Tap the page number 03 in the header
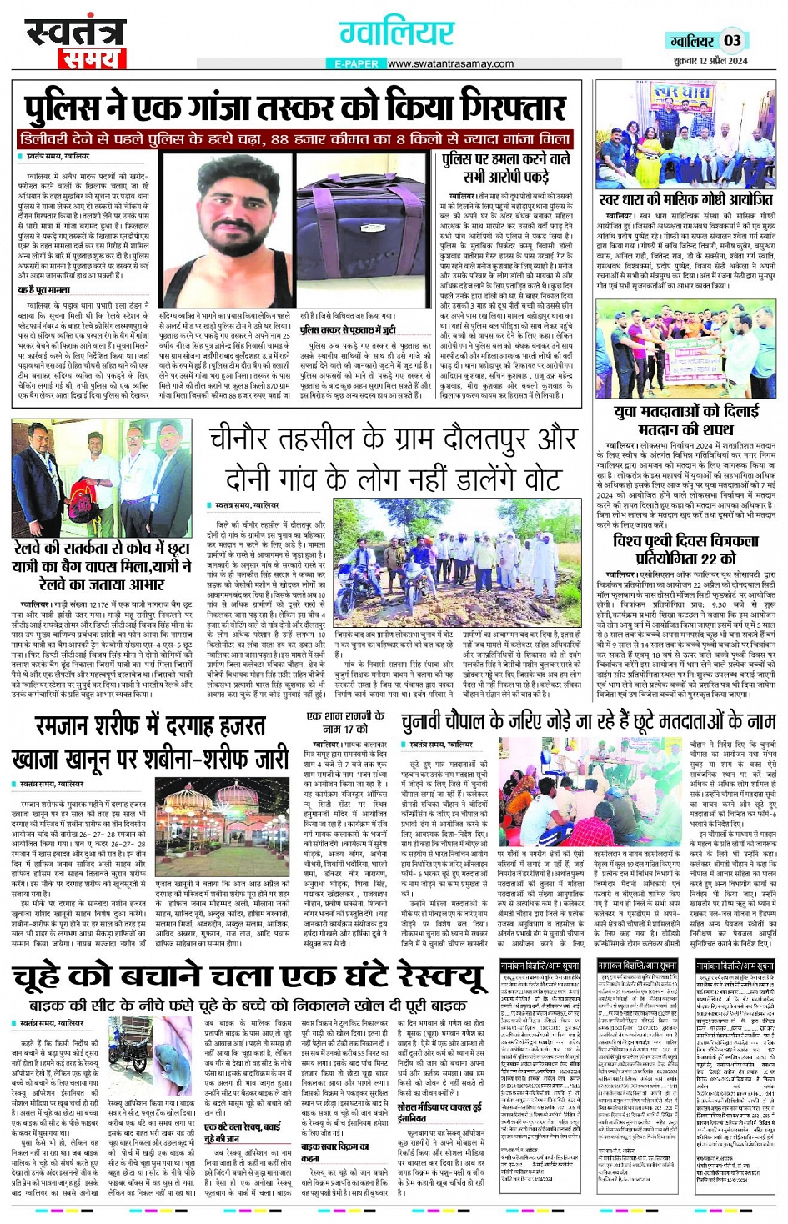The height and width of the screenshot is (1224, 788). point(732,40)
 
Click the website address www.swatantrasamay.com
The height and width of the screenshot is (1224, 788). point(450,63)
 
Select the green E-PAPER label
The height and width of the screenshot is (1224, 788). point(356,63)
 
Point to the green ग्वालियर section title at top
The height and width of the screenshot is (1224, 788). point(396,33)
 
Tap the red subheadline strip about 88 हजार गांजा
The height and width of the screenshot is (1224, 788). point(296,139)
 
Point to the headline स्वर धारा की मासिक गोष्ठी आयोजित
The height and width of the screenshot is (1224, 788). point(685,200)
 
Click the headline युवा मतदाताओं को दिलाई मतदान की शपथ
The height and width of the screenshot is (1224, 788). point(685,419)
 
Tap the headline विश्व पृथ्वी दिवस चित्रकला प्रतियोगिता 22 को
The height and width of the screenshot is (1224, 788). point(685,549)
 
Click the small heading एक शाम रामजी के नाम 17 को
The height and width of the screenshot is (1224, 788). point(344,722)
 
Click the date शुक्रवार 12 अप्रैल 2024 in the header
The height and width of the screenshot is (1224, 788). point(710,60)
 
